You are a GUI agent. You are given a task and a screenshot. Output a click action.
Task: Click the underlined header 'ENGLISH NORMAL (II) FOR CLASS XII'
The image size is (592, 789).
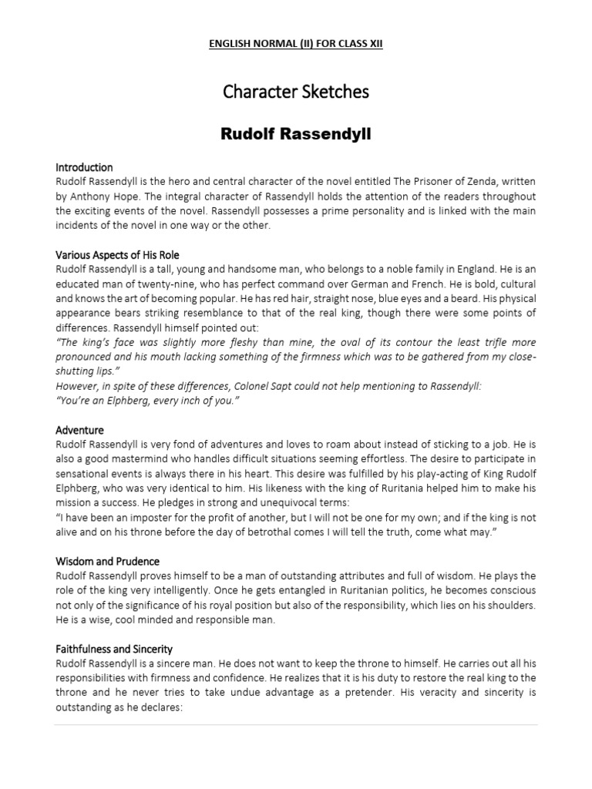tap(296, 45)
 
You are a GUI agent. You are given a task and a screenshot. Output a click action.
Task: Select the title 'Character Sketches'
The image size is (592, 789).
tap(296, 92)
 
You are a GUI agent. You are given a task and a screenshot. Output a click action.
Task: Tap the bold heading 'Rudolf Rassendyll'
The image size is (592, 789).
tap(296, 135)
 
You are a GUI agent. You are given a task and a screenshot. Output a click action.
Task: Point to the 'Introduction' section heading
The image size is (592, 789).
tap(84, 167)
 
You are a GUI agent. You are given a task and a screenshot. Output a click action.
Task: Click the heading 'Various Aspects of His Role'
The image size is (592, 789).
tap(117, 255)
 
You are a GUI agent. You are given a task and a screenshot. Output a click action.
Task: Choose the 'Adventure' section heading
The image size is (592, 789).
tap(79, 430)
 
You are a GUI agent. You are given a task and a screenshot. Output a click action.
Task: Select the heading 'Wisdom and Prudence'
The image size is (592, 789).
tap(107, 562)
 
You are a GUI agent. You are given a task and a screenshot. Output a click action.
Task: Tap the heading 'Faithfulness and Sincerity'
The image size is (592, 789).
tap(114, 650)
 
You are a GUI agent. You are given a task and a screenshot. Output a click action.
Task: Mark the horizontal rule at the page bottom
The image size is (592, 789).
tap(296, 725)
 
